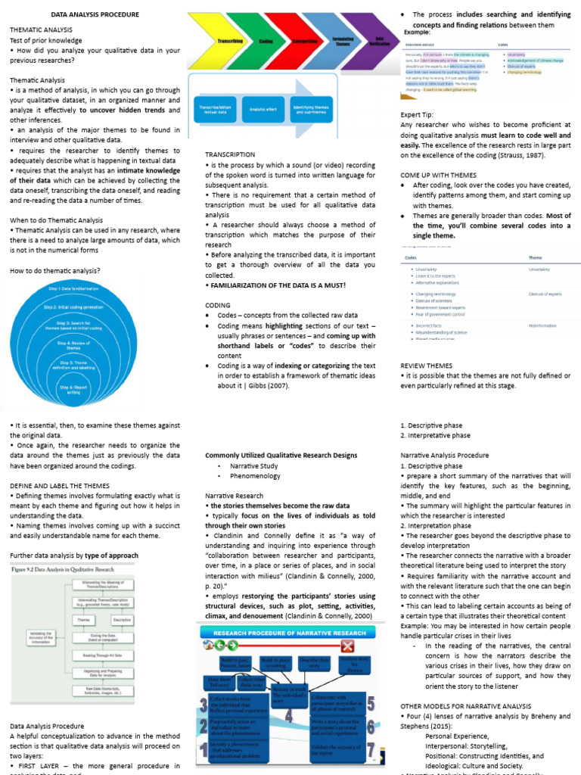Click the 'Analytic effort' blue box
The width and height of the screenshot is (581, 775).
pyautogui.click(x=262, y=110)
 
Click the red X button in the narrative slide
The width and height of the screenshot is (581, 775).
pyautogui.click(x=348, y=646)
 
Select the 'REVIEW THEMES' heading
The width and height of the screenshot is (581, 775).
pyautogui.click(x=426, y=366)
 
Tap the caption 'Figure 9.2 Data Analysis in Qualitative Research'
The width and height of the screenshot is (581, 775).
pyautogui.click(x=64, y=567)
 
